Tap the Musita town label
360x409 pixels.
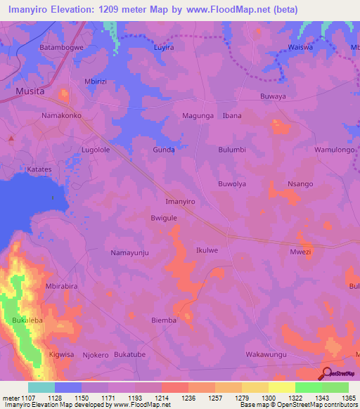coord(30,91)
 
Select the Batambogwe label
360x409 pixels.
coord(62,48)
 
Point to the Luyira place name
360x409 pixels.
coord(163,48)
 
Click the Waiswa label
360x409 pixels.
coord(300,48)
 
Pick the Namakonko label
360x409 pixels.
coord(62,115)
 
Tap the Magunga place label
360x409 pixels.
coord(198,115)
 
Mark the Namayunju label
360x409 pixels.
coord(130,252)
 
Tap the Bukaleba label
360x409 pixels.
coord(27,320)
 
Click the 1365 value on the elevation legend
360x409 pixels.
coord(349,398)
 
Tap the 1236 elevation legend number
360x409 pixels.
coord(188,398)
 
